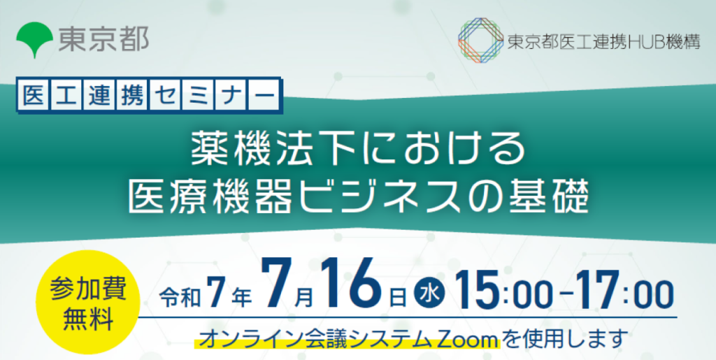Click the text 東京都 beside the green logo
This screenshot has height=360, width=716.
(x=103, y=39)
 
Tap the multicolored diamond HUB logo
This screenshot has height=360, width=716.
(x=480, y=41)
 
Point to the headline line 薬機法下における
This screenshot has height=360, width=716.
(x=357, y=148)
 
